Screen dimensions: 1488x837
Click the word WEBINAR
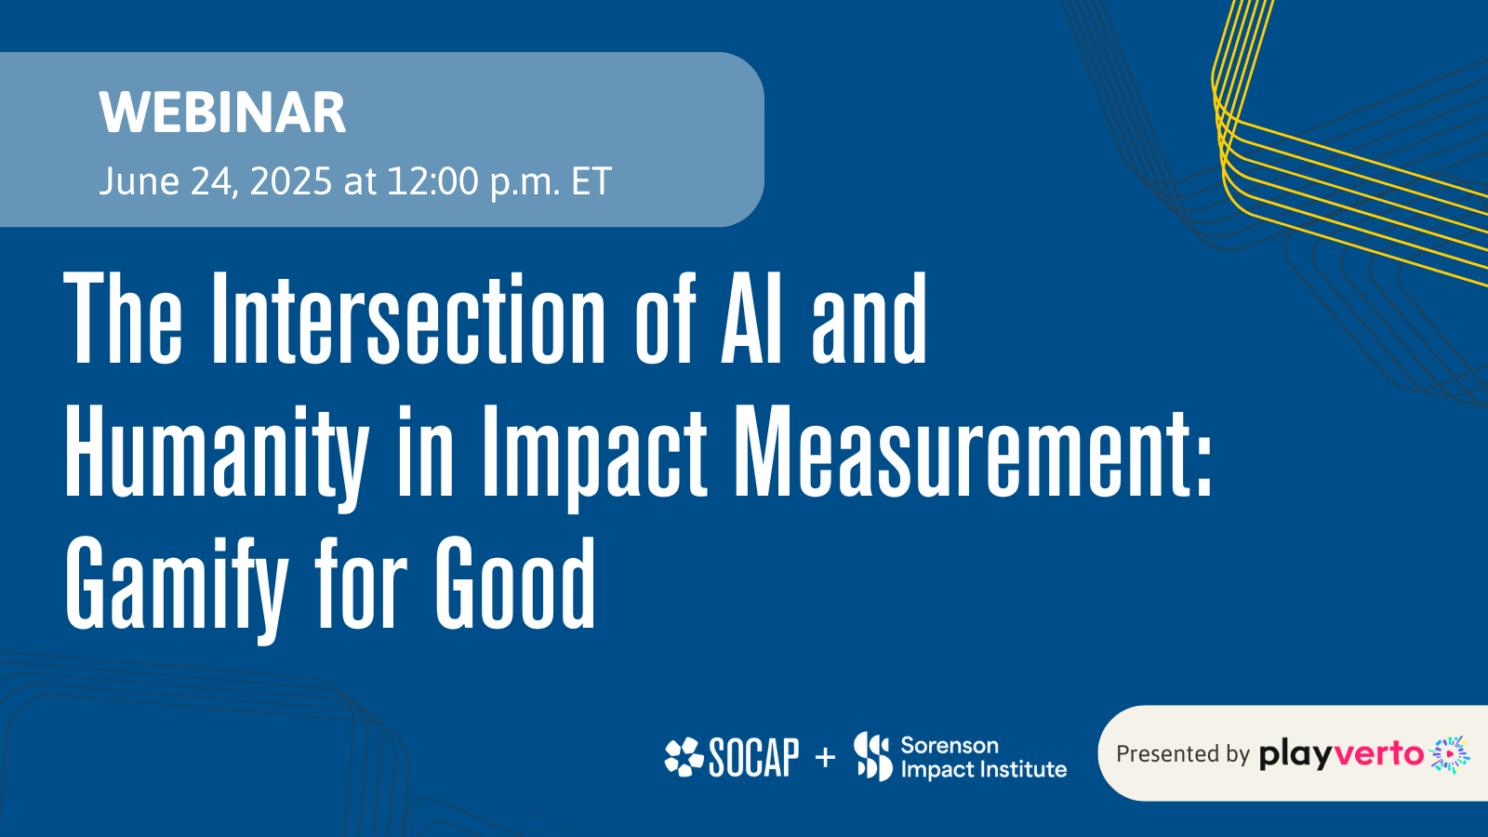click(x=222, y=113)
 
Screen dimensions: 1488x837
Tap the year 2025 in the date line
click(x=291, y=180)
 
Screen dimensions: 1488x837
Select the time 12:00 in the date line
click(x=432, y=180)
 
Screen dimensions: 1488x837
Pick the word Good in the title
click(x=515, y=583)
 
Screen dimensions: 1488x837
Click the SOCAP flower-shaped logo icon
click(x=684, y=757)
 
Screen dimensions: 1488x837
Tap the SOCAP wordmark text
click(x=754, y=757)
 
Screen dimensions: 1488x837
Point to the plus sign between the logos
click(x=825, y=757)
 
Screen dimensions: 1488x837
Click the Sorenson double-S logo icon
click(x=873, y=756)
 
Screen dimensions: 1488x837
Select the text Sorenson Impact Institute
click(x=984, y=757)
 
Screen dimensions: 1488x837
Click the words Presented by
click(x=1183, y=754)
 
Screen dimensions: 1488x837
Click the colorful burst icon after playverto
click(x=1450, y=754)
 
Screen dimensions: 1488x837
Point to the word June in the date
click(x=139, y=180)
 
